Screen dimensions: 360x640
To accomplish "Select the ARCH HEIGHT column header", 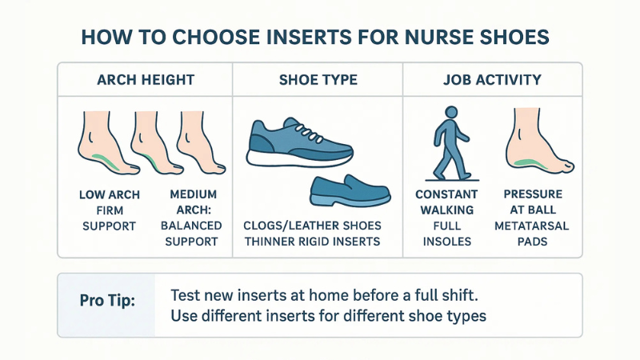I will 146,80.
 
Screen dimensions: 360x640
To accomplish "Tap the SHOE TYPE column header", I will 318,80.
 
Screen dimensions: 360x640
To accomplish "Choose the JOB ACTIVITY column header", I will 491,80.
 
